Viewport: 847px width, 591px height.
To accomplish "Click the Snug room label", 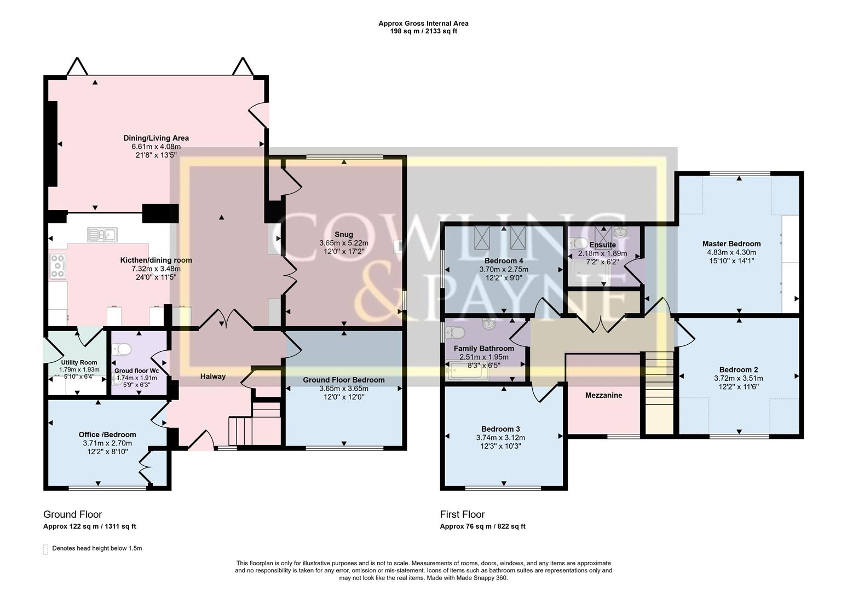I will [x=344, y=234].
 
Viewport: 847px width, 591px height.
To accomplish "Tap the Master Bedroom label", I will [x=731, y=244].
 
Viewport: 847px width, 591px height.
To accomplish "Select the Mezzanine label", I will [x=603, y=395].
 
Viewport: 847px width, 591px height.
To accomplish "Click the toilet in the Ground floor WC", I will [x=121, y=349].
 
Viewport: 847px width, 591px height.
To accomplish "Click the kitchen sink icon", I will [x=102, y=235].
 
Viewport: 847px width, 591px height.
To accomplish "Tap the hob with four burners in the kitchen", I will [x=57, y=266].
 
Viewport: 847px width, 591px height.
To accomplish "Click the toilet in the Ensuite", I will [x=578, y=242].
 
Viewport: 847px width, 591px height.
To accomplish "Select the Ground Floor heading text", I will [x=72, y=514].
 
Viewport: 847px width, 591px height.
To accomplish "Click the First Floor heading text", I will [x=462, y=514].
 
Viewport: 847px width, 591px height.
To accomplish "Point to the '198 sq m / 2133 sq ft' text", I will [x=423, y=31].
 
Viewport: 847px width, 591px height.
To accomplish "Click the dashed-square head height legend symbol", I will [x=45, y=549].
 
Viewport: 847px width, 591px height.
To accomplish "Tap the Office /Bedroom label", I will [x=107, y=434].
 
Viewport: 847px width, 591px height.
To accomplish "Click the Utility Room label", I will [x=79, y=362].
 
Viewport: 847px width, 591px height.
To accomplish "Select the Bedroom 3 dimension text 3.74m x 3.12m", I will [x=500, y=437].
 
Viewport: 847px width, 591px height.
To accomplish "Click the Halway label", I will [x=212, y=376].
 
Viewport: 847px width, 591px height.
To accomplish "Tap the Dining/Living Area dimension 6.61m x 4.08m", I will [x=156, y=147].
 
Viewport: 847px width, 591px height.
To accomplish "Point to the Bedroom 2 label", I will [x=739, y=369].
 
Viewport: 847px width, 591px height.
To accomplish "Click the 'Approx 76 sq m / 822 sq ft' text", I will [x=482, y=526].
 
